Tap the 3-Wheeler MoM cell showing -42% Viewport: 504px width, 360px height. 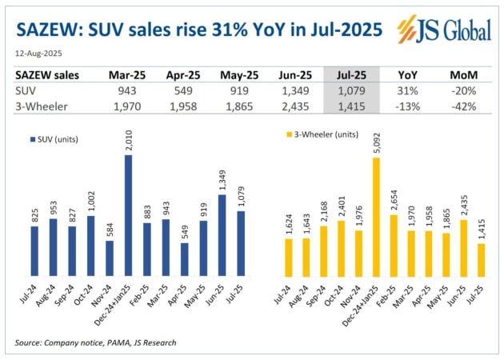[462, 104]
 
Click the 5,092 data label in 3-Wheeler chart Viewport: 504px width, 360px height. [377, 142]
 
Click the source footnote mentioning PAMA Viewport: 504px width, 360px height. [95, 342]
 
